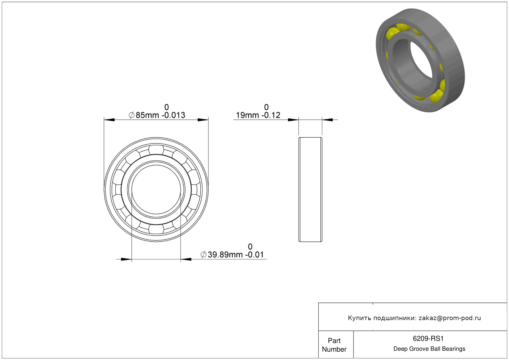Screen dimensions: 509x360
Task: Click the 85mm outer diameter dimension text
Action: point(160,115)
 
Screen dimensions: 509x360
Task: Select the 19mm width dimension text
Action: point(258,115)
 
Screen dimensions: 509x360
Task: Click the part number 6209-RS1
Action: point(428,338)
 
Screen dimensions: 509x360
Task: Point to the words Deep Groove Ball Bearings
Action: point(429,349)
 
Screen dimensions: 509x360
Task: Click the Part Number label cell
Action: point(334,345)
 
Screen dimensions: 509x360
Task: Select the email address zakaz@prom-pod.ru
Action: point(450,318)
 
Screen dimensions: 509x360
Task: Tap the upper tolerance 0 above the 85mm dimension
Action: point(167,107)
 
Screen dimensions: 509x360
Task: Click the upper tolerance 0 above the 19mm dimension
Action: point(266,107)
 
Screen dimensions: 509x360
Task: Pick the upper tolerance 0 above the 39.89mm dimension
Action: point(250,246)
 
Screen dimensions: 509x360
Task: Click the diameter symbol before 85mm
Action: point(131,115)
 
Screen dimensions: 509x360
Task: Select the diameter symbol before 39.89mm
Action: point(203,255)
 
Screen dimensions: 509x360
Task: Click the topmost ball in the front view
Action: point(156,150)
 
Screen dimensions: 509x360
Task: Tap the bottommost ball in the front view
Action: point(156,229)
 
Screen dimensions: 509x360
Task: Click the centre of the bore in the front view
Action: point(156,190)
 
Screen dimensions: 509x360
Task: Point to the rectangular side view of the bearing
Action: point(310,190)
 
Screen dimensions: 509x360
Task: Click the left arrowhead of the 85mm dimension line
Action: point(109,120)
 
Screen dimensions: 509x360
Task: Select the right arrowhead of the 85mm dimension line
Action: point(203,120)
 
